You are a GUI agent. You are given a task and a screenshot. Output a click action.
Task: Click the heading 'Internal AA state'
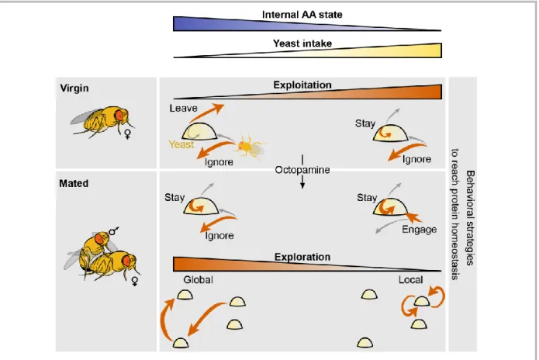(302, 15)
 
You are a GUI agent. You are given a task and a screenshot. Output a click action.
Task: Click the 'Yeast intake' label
(302, 43)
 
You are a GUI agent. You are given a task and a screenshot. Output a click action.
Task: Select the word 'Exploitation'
(302, 85)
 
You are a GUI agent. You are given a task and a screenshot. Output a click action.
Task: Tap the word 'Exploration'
(302, 257)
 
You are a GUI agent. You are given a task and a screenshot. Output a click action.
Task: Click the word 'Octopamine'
(302, 170)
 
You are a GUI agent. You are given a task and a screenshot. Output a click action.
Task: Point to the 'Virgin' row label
(74, 88)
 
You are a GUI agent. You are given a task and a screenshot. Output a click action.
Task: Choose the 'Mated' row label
(74, 183)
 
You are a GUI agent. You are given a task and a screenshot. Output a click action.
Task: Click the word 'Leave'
(183, 109)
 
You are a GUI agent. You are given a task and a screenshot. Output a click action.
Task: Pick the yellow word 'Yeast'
(181, 144)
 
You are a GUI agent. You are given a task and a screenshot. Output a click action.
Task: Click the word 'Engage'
(420, 230)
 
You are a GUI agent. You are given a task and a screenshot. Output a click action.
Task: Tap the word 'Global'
(198, 279)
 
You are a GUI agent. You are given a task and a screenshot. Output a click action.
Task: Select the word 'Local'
(410, 280)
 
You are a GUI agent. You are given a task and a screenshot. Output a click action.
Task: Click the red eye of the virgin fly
(119, 115)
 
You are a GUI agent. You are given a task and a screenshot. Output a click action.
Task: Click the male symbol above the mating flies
(113, 231)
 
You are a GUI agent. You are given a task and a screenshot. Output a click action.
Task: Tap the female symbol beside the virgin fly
(127, 133)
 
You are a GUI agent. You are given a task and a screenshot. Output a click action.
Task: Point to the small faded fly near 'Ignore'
(250, 147)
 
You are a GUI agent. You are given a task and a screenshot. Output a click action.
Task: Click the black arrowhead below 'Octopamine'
(302, 185)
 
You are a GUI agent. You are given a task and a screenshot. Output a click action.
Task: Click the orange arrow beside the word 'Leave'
(206, 112)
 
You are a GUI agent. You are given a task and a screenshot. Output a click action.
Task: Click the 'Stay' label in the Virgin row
(365, 123)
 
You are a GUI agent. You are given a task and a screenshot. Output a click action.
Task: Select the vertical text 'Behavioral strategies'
(470, 218)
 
